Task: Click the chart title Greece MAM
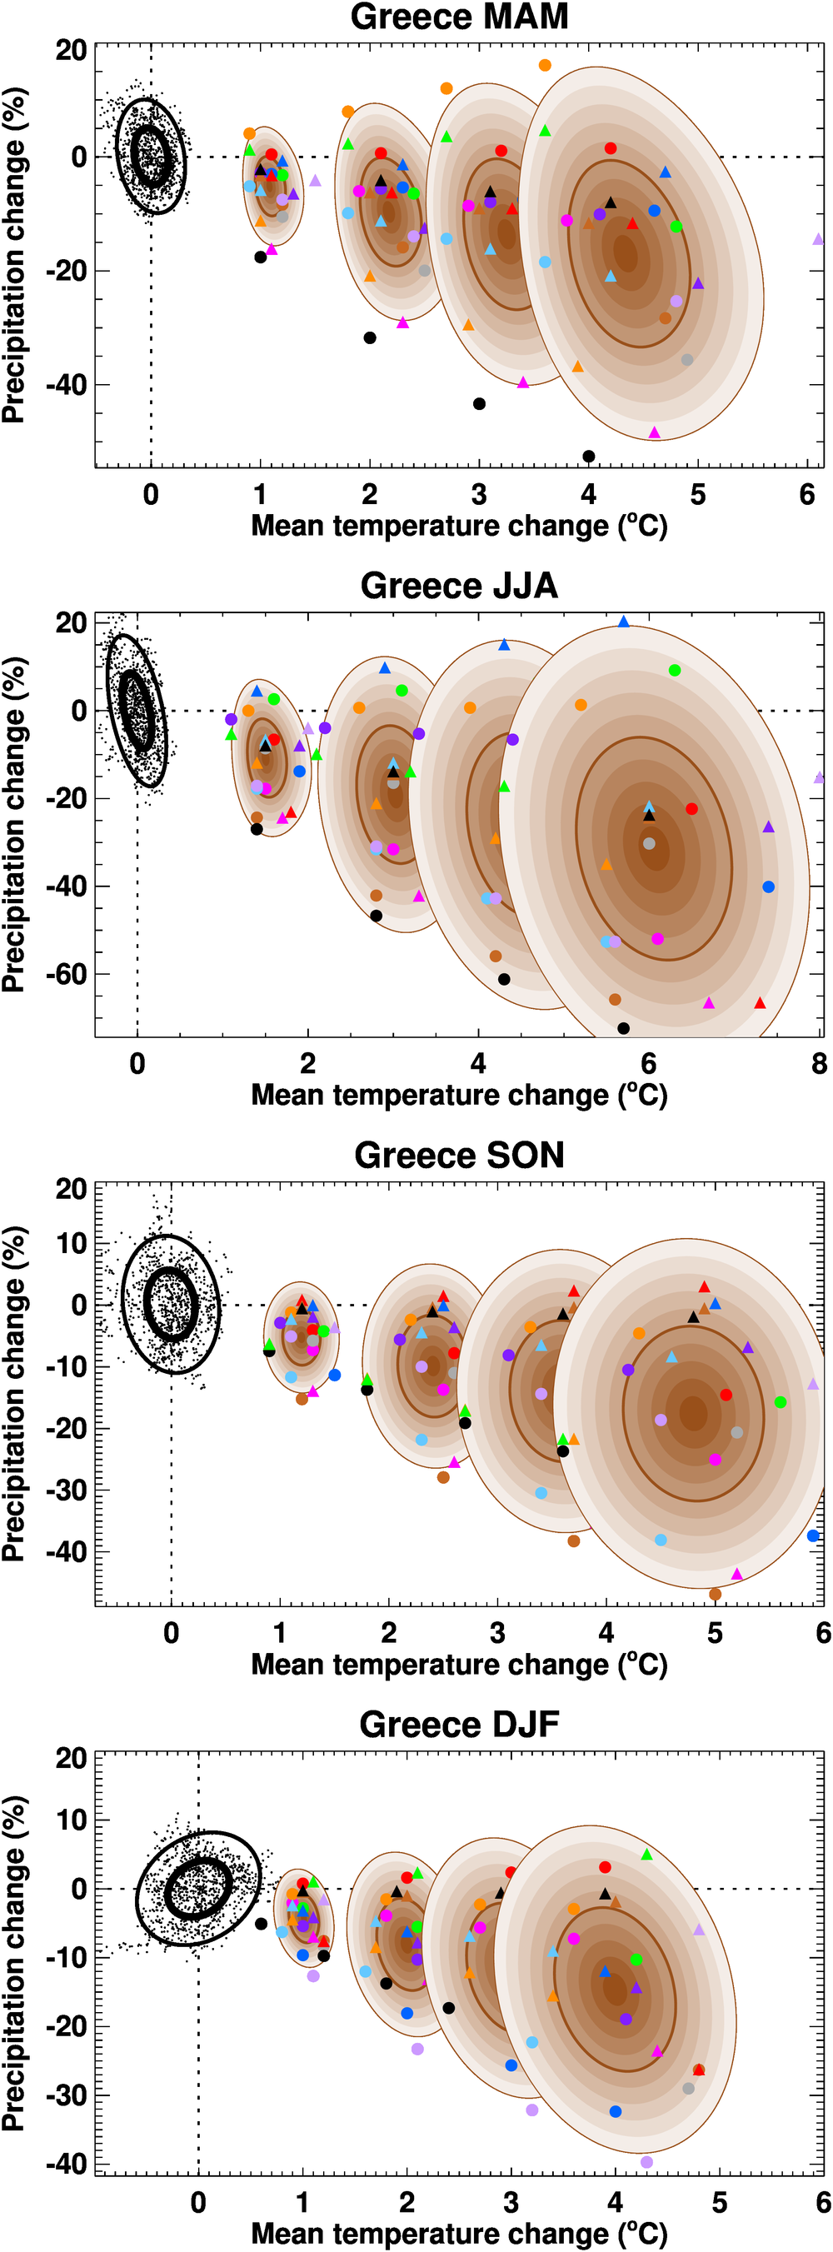[x=459, y=17]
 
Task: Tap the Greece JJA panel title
[x=459, y=586]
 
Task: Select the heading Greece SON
[x=459, y=1155]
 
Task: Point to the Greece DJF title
[x=459, y=1724]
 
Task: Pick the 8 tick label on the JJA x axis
[x=818, y=1064]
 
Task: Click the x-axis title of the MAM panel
[x=459, y=527]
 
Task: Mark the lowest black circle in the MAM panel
[x=588, y=457]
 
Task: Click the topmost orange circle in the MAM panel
[x=545, y=66]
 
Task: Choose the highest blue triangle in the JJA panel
[x=623, y=622]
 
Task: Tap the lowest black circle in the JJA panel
[x=623, y=1028]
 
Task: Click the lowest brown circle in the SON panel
[x=715, y=1595]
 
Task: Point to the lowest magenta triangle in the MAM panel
[x=654, y=432]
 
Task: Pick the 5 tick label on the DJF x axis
[x=720, y=2202]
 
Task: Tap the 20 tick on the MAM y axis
[x=71, y=51]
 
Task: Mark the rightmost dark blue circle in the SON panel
[x=813, y=1536]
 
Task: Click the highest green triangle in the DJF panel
[x=646, y=1855]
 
